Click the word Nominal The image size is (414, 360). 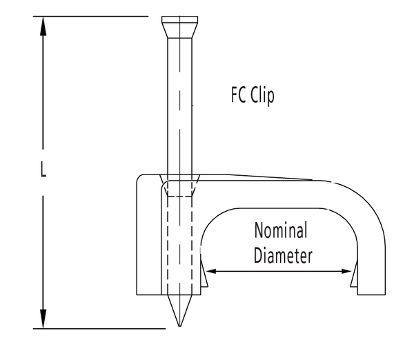[x=281, y=230]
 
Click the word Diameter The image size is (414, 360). [x=283, y=255]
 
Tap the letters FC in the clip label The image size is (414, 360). [x=239, y=96]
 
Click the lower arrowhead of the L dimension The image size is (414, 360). [x=43, y=319]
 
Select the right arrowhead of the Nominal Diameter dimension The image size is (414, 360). [x=346, y=272]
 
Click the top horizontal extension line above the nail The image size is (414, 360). [x=103, y=16]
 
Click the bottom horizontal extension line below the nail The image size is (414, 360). [x=103, y=329]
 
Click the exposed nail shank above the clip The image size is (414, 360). [x=179, y=103]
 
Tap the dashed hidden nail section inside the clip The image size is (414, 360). [x=179, y=241]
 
